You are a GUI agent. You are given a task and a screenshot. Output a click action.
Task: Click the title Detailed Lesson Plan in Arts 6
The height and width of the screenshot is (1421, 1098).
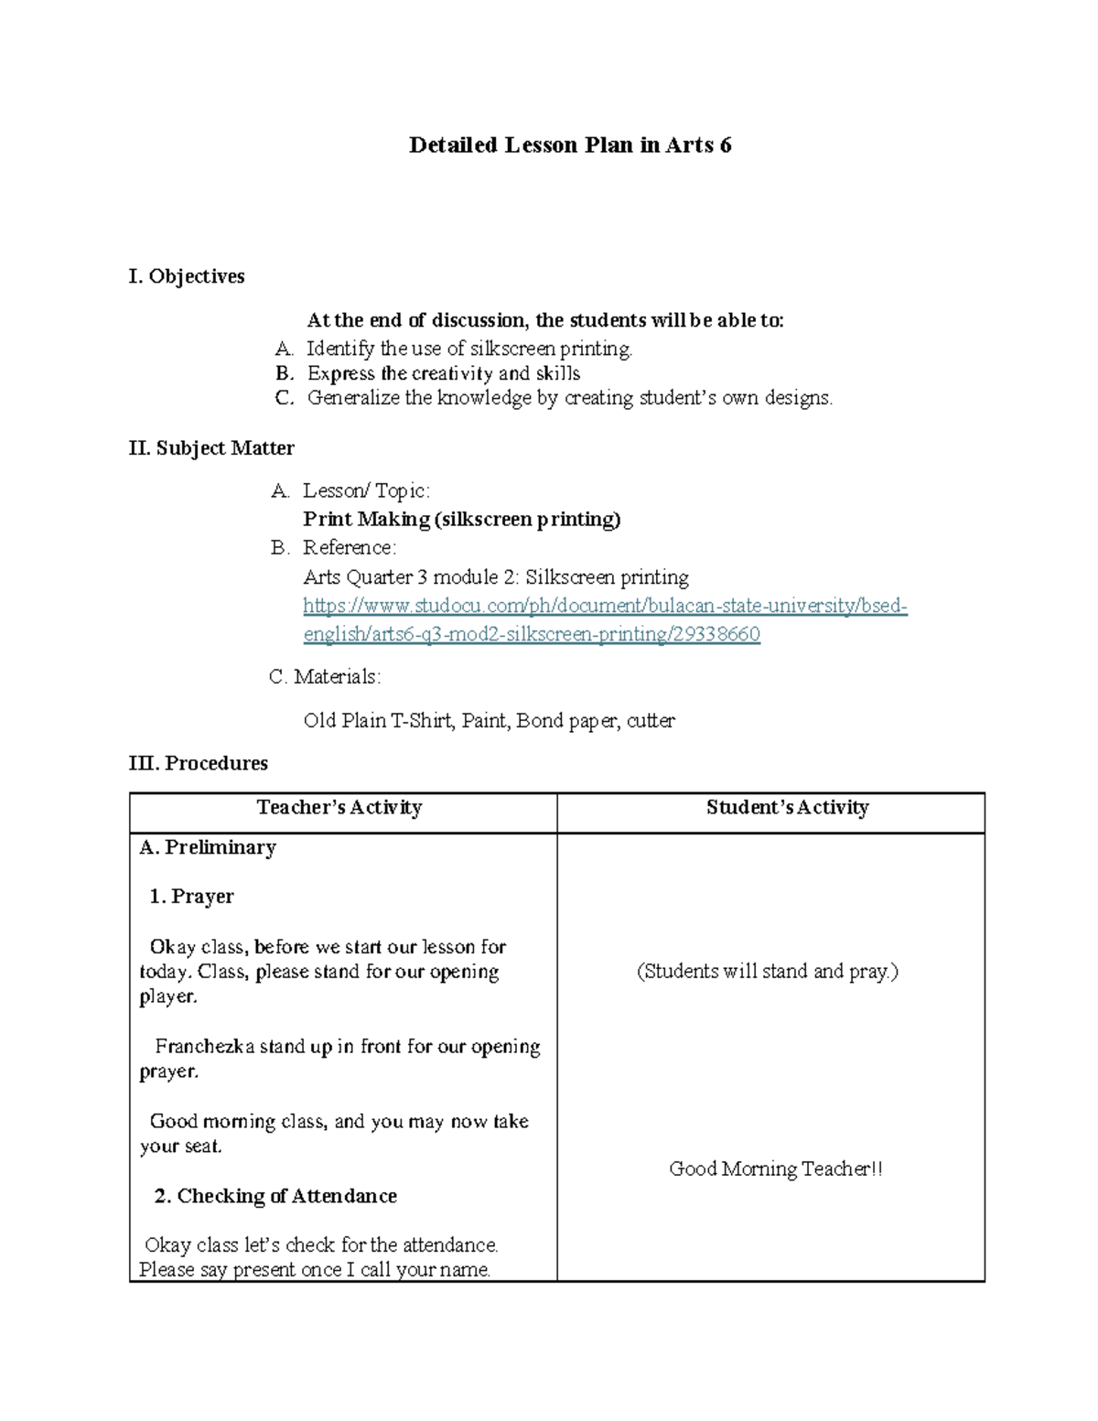point(569,145)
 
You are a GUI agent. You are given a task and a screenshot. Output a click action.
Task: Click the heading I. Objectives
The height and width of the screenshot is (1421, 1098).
point(187,276)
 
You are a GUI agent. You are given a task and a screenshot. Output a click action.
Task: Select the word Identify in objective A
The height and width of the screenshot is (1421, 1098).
point(340,349)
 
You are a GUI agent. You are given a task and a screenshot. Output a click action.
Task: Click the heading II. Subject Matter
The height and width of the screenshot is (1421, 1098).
point(211,448)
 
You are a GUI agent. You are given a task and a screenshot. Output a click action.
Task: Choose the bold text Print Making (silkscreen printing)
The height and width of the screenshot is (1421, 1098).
point(462,520)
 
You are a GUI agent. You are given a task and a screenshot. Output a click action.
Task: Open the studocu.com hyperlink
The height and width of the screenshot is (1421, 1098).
point(605,606)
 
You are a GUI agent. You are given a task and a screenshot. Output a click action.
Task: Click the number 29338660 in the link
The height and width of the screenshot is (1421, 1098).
point(716,634)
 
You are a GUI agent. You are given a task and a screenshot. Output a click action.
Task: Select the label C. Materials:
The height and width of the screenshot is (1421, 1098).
point(325,677)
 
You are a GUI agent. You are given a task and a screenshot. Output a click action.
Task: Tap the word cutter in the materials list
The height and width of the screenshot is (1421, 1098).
point(651,721)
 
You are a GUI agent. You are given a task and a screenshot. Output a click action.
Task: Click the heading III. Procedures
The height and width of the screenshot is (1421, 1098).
point(199,763)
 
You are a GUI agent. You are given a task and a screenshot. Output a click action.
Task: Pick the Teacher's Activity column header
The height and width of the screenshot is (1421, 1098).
point(339,808)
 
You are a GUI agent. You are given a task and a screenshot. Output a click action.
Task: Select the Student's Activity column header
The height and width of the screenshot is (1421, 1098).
point(787,808)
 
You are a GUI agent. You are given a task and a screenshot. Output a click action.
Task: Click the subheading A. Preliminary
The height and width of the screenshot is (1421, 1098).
point(208,848)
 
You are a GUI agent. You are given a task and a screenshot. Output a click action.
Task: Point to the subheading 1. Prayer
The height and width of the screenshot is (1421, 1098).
point(191,897)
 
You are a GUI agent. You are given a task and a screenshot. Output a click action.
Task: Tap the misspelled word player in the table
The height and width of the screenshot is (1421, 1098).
point(167,997)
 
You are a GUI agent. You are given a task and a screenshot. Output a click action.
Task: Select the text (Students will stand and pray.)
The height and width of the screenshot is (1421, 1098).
point(768,972)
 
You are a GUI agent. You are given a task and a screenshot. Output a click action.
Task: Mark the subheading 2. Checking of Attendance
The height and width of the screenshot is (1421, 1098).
point(275,1197)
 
